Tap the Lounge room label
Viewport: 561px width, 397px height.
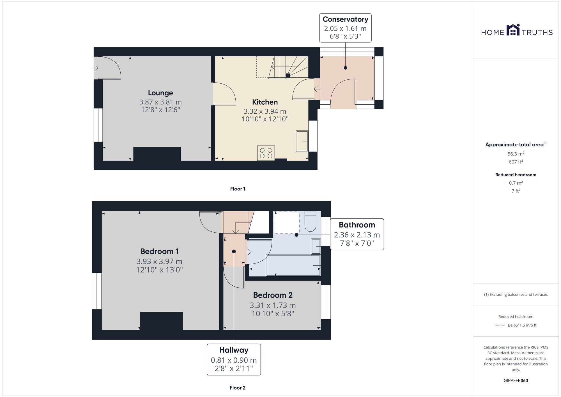tap(160, 93)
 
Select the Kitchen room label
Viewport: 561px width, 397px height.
tap(265, 102)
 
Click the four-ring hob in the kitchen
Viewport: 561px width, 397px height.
tap(266, 153)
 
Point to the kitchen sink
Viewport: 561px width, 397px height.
tap(302, 141)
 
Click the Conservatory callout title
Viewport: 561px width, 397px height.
tap(345, 19)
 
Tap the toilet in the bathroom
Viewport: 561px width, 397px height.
tap(310, 221)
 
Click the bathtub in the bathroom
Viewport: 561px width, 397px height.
tap(293, 265)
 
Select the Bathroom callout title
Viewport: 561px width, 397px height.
tap(357, 225)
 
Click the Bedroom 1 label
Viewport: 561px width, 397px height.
tap(159, 251)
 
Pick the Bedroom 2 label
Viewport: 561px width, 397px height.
tap(273, 295)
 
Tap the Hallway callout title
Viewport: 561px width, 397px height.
tap(234, 350)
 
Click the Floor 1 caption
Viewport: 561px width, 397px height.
tap(238, 189)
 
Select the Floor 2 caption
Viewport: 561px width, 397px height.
tap(238, 388)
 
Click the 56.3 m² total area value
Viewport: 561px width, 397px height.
tap(516, 154)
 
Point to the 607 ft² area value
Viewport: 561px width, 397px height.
tap(516, 162)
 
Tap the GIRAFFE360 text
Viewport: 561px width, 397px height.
tap(516, 381)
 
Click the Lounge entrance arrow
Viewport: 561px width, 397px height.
tap(95, 68)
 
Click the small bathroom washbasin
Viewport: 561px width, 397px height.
tap(316, 247)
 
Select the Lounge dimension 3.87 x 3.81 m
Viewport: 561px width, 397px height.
tap(160, 102)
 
